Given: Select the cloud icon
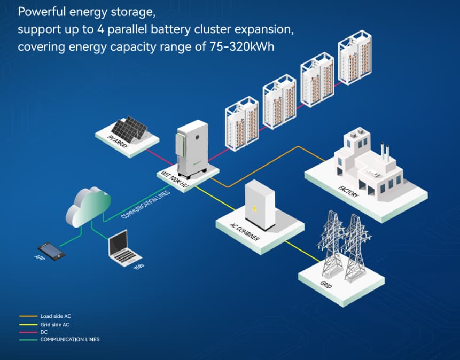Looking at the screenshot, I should click(x=88, y=205).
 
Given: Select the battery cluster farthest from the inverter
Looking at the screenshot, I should click(x=355, y=58).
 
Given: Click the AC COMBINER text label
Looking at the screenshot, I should click(x=244, y=232).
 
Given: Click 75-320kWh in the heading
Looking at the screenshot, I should click(x=237, y=46).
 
